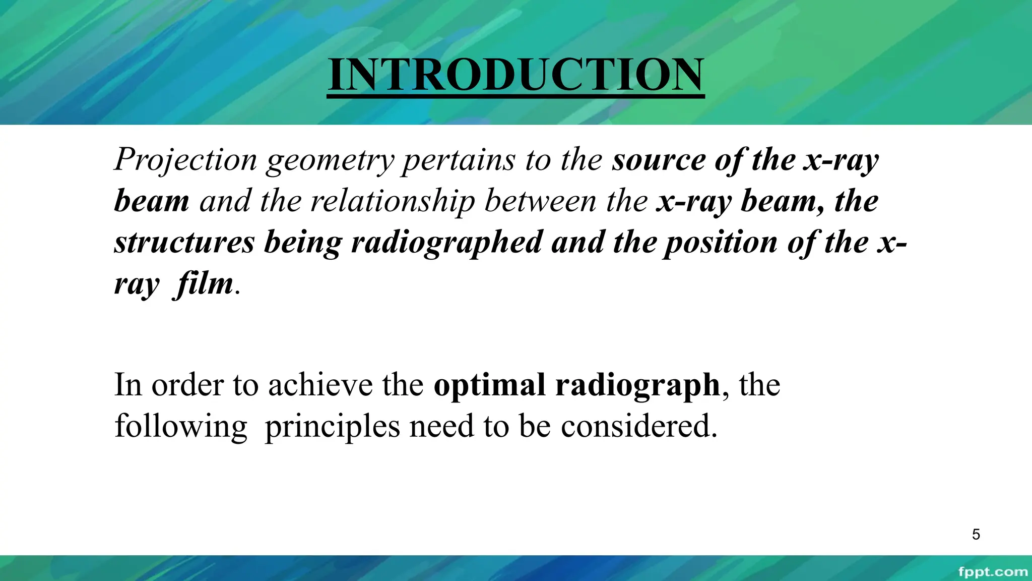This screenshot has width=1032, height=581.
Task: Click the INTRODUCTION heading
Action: [x=515, y=75]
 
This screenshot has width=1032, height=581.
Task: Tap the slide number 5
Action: [x=976, y=534]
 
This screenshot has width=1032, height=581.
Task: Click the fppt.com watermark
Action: [x=992, y=572]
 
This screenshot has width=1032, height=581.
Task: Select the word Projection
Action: [x=186, y=160]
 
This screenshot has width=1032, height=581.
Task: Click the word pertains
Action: [x=458, y=160]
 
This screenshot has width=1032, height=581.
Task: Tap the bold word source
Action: [x=659, y=160]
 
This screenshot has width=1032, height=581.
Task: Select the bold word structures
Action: [x=184, y=242]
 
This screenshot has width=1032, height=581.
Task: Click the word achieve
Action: [x=320, y=385]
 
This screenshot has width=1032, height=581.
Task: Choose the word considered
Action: [x=638, y=426]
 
